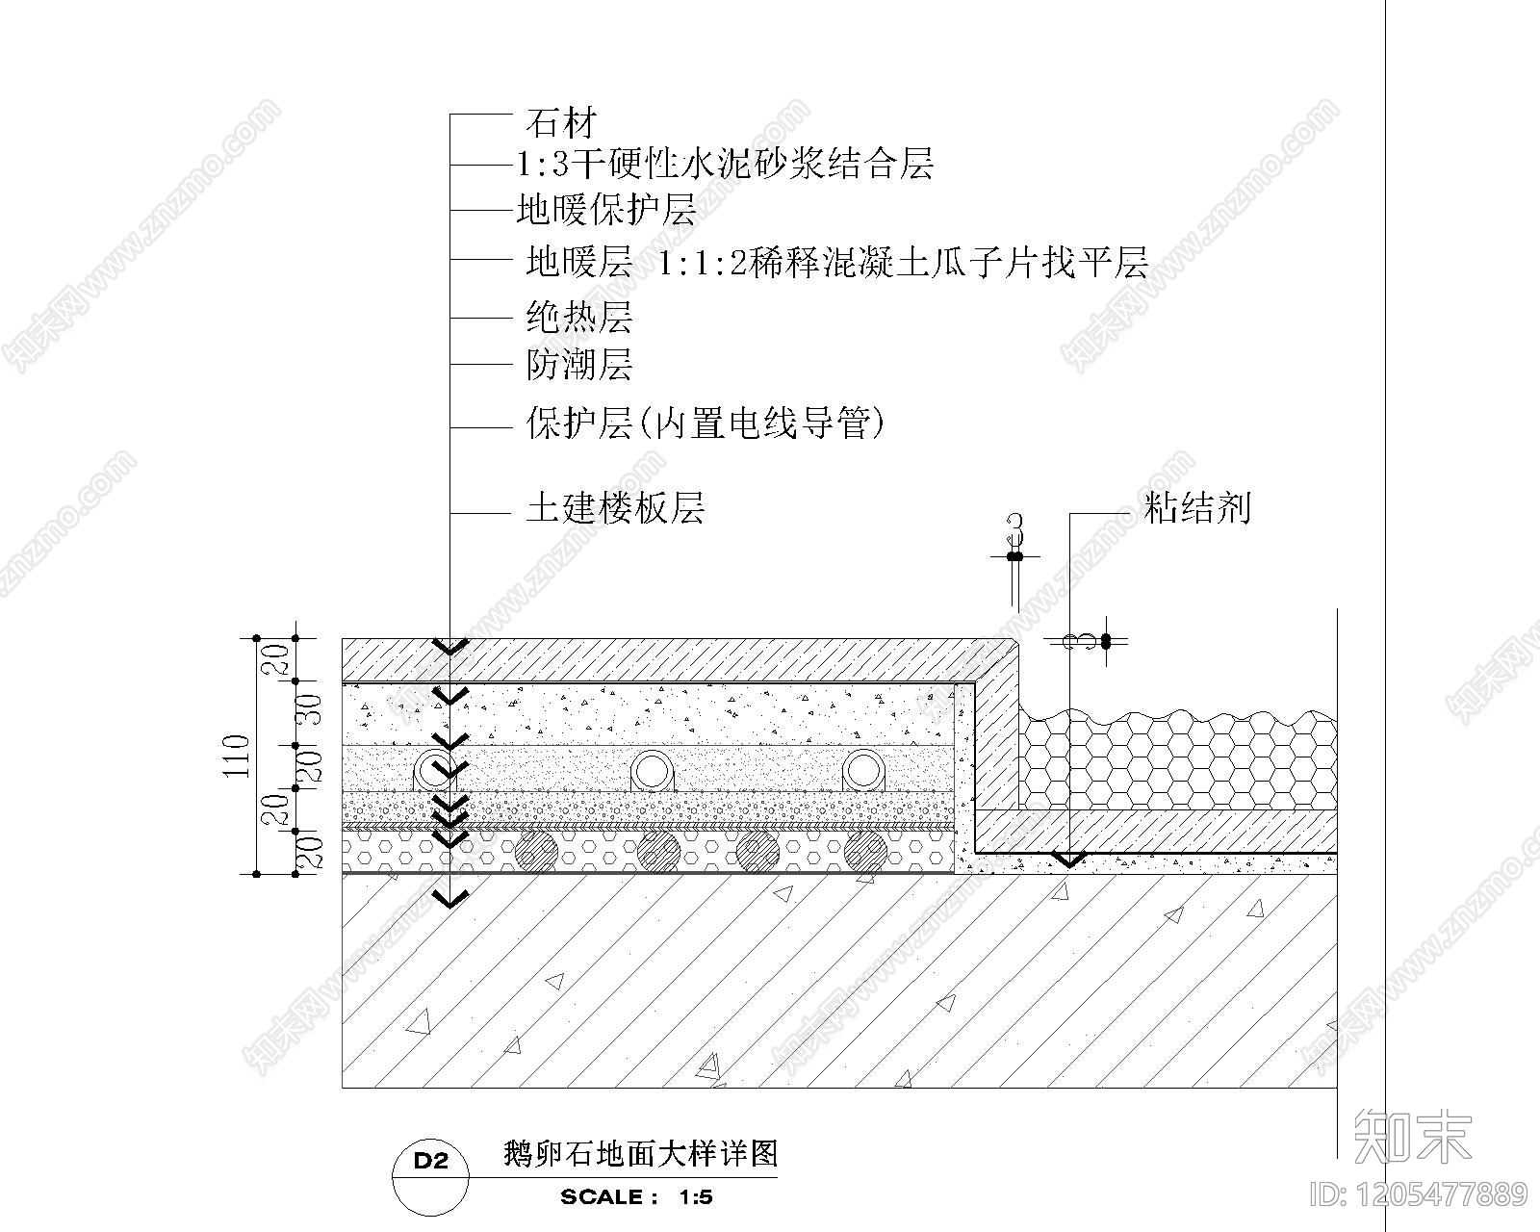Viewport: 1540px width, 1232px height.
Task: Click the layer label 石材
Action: tap(561, 122)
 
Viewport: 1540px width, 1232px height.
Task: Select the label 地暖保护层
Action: tap(605, 210)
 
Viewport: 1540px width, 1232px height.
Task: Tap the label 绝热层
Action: tap(578, 317)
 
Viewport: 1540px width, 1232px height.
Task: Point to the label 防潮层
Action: tap(578, 365)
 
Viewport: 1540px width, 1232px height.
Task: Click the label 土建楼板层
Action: tap(614, 507)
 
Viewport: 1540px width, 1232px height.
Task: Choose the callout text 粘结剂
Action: tap(1196, 507)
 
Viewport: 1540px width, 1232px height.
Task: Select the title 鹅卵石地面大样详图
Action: tap(640, 1153)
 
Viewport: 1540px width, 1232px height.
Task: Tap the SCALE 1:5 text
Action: tap(636, 1197)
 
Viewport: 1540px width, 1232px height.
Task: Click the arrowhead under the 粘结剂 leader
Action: tap(1068, 858)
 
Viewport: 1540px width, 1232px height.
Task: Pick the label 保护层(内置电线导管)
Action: tap(705, 423)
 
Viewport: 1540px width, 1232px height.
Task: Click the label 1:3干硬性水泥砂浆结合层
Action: tap(725, 166)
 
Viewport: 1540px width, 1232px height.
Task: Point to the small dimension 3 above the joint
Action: tap(1014, 530)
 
